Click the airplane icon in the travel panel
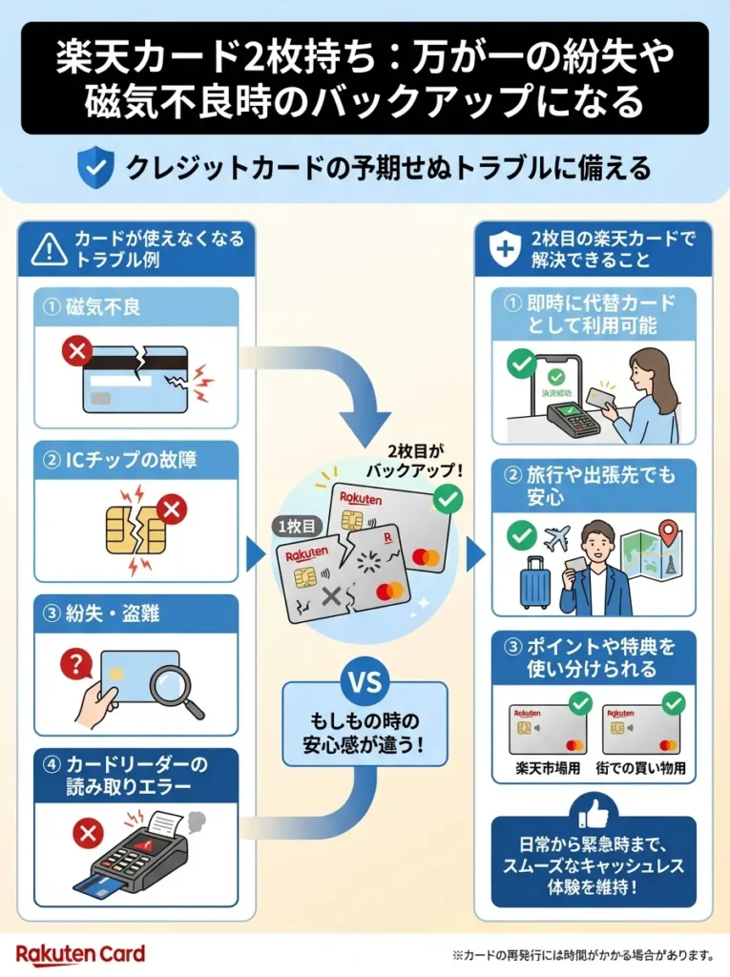(x=556, y=538)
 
